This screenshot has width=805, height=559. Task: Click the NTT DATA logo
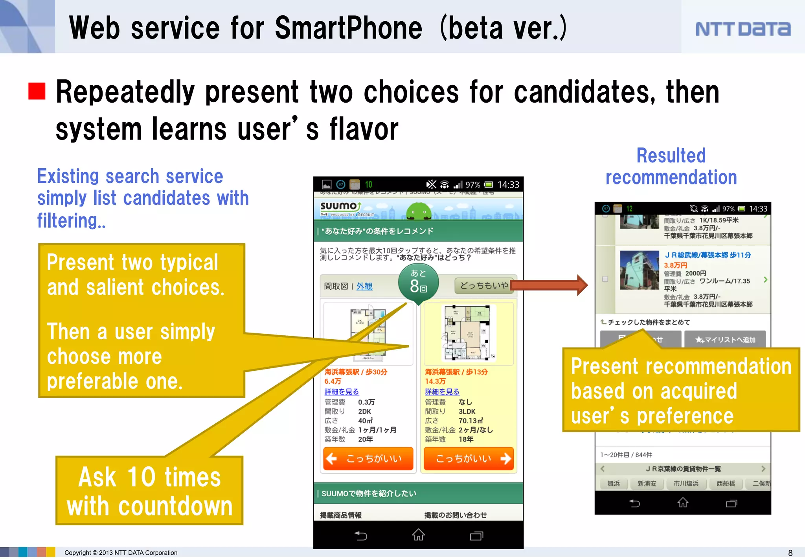click(743, 29)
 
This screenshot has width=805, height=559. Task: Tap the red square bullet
click(37, 91)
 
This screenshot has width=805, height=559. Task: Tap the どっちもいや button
click(484, 285)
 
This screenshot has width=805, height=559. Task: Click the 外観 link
click(364, 286)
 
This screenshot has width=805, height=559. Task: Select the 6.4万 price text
click(333, 381)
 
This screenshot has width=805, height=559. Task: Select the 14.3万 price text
click(435, 381)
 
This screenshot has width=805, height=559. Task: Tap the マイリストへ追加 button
click(725, 340)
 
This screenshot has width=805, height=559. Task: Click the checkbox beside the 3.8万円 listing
click(605, 279)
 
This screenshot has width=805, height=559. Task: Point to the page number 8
click(790, 553)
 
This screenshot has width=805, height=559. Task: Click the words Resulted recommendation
click(671, 166)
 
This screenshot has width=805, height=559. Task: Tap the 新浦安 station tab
click(647, 484)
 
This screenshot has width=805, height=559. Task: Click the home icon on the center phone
click(418, 535)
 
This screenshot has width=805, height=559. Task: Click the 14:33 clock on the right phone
click(758, 209)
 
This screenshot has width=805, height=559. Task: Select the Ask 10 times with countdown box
click(149, 491)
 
